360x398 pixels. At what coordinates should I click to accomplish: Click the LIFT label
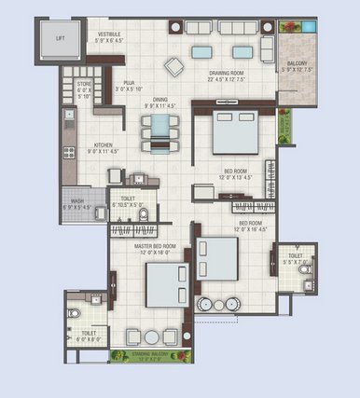pyautogui.click(x=61, y=38)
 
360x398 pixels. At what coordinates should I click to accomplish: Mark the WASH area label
pyautogui.click(x=76, y=199)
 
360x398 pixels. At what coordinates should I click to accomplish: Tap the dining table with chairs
pyautogui.click(x=160, y=133)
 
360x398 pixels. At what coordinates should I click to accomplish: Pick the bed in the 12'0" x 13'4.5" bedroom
pyautogui.click(x=233, y=134)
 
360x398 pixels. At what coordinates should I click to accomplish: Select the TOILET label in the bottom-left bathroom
pyautogui.click(x=89, y=333)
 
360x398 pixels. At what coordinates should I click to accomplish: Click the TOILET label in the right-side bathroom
pyautogui.click(x=295, y=255)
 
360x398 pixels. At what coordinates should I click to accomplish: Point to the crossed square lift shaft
pyautogui.click(x=60, y=37)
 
